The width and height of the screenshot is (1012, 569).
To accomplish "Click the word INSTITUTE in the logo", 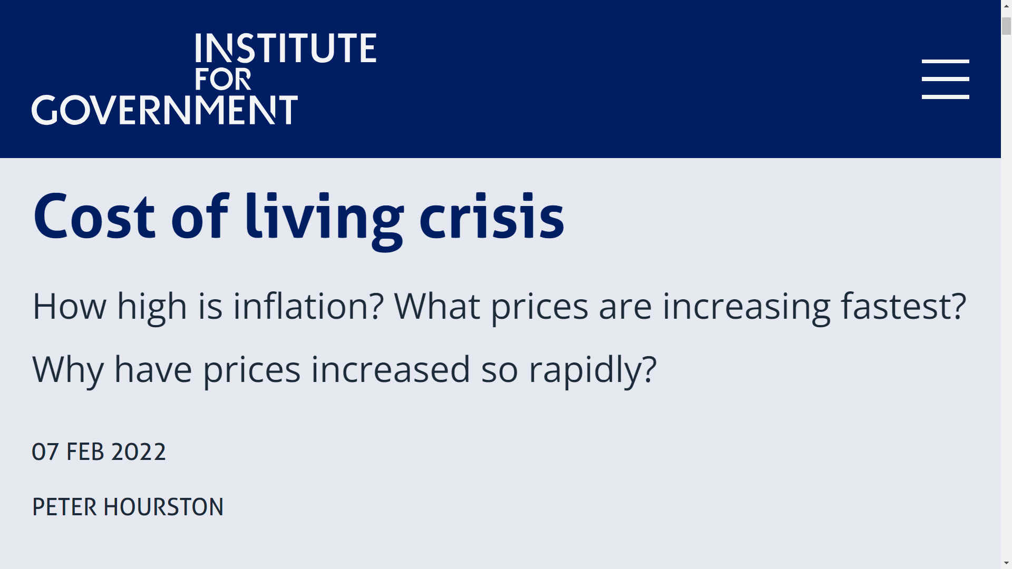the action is pos(286,48).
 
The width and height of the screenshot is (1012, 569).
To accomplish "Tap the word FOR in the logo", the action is pos(223,80).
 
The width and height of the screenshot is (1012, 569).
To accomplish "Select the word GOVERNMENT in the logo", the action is pos(164,110).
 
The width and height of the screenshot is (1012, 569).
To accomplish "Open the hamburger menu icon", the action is pos(945,79).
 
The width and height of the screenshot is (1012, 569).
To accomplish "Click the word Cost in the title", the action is pos(94,217).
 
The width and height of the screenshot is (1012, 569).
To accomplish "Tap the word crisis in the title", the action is pos(492,217).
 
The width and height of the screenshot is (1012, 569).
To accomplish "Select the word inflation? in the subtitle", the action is pos(308,306).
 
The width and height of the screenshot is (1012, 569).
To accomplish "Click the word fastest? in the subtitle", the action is pos(903,306).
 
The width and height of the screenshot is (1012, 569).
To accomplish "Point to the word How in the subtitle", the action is pos(69,306).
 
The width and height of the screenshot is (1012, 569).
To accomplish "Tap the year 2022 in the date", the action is pos(139,452).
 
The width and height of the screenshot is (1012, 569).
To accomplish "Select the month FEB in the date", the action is pos(85,452).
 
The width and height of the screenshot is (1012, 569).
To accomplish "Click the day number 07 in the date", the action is pos(45,452).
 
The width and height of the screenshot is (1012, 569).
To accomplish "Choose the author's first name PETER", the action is pos(65,507).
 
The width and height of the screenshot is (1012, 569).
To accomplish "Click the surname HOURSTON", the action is pos(163,507).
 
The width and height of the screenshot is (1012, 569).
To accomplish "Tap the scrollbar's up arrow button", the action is pos(1006,5).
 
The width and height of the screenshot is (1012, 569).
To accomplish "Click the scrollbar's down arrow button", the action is pos(1006,564).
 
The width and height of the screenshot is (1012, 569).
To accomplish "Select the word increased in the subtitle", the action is pos(391,369).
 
